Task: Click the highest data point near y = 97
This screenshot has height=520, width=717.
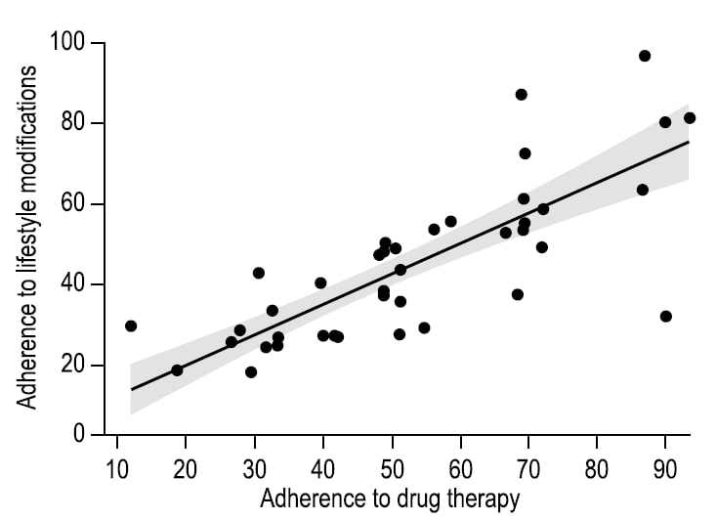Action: point(645,56)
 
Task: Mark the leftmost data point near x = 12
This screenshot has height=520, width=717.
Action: point(131,325)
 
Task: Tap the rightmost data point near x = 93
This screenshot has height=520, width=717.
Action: point(690,118)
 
